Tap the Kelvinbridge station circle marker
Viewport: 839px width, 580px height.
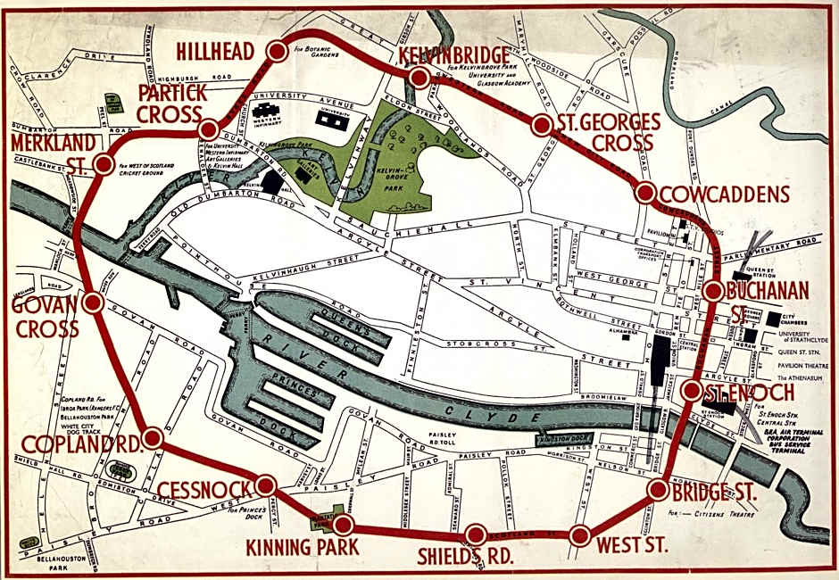click(x=418, y=79)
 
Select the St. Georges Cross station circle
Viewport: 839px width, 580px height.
click(x=541, y=126)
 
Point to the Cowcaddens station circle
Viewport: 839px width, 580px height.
click(x=644, y=193)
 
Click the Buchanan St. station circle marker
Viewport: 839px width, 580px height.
click(x=713, y=291)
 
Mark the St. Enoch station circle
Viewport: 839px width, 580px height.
click(x=692, y=391)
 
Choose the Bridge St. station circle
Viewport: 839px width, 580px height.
click(x=659, y=489)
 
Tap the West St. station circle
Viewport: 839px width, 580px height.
click(x=579, y=536)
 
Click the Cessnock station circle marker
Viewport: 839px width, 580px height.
click(x=265, y=485)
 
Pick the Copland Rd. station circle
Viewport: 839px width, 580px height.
click(x=153, y=437)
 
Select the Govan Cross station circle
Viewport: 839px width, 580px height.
click(x=93, y=302)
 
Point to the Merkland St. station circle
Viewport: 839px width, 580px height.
click(x=103, y=164)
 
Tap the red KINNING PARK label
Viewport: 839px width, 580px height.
click(x=305, y=546)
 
